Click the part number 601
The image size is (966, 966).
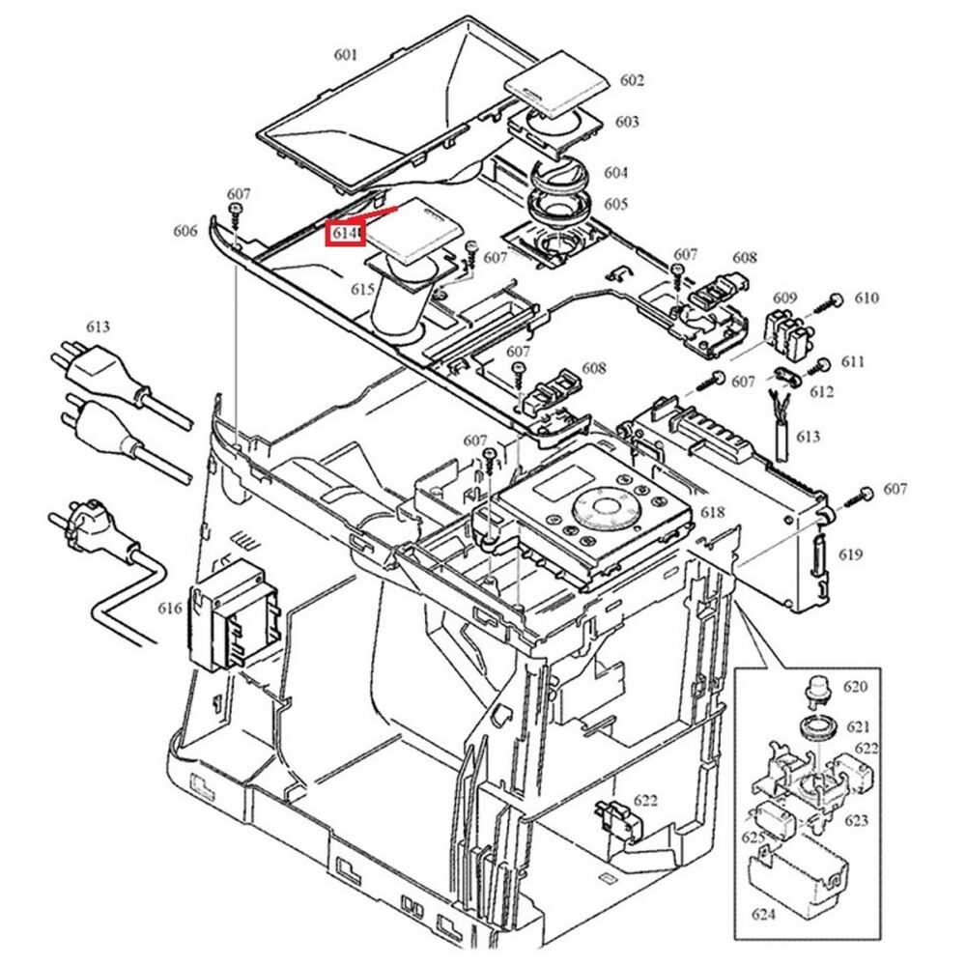pyautogui.click(x=346, y=55)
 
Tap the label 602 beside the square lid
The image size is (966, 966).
pyautogui.click(x=632, y=80)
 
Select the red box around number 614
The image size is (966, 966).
pyautogui.click(x=345, y=234)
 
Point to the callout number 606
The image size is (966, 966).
pyautogui.click(x=185, y=231)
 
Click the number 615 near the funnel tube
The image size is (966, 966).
pyautogui.click(x=363, y=289)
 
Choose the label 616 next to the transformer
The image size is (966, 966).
pyautogui.click(x=170, y=608)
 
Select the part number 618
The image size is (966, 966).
pyautogui.click(x=713, y=512)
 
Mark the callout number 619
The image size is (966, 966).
pyautogui.click(x=851, y=554)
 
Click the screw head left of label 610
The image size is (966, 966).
pyautogui.click(x=837, y=298)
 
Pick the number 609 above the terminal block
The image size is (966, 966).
pyautogui.click(x=784, y=298)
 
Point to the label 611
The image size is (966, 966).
pyautogui.click(x=853, y=362)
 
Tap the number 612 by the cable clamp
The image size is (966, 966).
pyautogui.click(x=821, y=392)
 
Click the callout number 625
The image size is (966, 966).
pyautogui.click(x=753, y=838)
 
